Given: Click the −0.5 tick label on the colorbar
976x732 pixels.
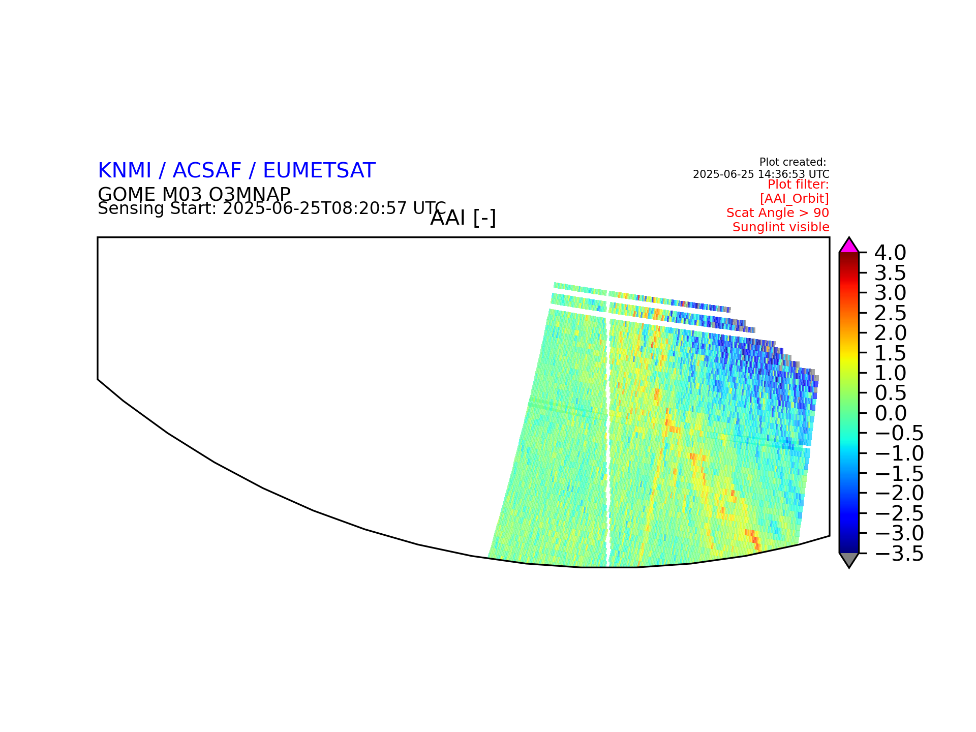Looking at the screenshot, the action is pyautogui.click(x=899, y=433).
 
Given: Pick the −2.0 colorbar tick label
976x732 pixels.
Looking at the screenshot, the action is pyautogui.click(x=899, y=493).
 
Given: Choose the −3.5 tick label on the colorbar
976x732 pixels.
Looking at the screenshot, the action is pyautogui.click(x=899, y=554).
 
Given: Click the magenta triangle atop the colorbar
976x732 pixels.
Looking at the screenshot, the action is pyautogui.click(x=849, y=246).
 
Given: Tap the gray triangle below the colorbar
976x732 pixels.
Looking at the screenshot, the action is pyautogui.click(x=849, y=560).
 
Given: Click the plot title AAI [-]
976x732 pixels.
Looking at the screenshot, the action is pyautogui.click(x=463, y=218).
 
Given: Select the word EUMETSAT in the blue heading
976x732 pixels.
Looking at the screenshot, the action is pyautogui.click(x=319, y=171).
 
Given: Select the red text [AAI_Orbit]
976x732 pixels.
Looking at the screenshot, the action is pyautogui.click(x=795, y=198).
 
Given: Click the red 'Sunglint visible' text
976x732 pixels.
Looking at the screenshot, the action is pyautogui.click(x=781, y=227).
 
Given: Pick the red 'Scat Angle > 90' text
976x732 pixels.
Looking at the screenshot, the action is pyautogui.click(x=778, y=213).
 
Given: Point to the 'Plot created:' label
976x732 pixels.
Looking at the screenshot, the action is pyautogui.click(x=792, y=162).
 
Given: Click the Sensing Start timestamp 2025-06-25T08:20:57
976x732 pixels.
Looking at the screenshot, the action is pyautogui.click(x=315, y=208).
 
